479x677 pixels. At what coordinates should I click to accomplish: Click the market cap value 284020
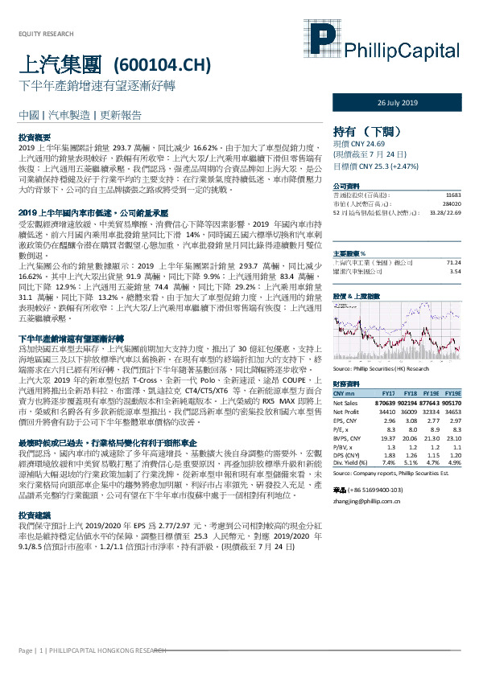click(451, 205)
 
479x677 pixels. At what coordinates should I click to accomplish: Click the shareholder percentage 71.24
click(454, 263)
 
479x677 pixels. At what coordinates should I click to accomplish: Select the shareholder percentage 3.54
click(456, 271)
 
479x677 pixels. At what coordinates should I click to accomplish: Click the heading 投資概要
click(35, 138)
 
